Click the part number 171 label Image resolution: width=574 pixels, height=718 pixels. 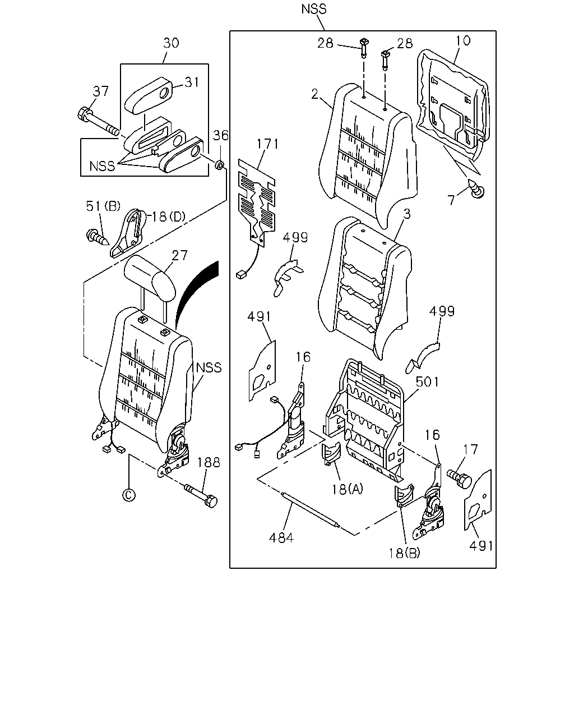267,144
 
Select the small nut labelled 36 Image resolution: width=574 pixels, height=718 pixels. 219,164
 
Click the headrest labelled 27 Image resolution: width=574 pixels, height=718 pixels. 150,279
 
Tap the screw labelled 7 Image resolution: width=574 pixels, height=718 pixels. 476,188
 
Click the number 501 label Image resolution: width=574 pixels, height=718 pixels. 427,381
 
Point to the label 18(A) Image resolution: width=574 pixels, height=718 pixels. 346,489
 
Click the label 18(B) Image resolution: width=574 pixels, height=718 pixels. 404,553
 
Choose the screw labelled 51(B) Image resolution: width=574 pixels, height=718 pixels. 97,237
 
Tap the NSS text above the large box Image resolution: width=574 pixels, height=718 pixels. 313,9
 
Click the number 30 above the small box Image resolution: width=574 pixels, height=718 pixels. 171,43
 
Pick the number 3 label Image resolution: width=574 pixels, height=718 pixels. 406,214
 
